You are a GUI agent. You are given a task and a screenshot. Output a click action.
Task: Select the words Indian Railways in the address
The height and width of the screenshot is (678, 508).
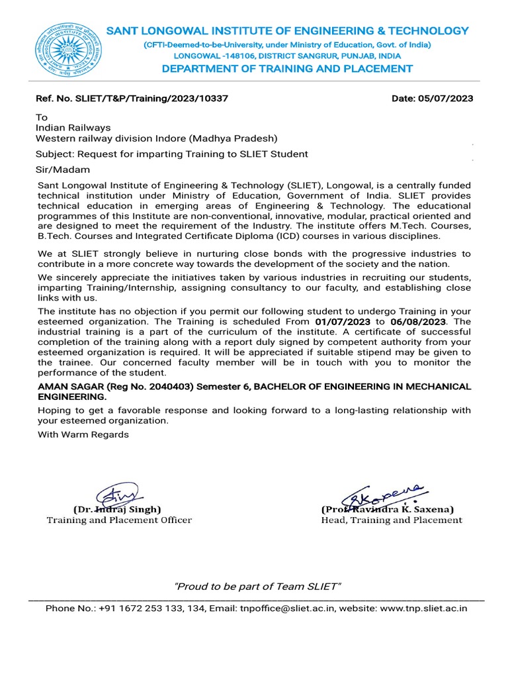pyautogui.click(x=73, y=128)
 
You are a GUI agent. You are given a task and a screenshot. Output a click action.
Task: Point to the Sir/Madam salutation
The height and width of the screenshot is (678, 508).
pyautogui.click(x=62, y=169)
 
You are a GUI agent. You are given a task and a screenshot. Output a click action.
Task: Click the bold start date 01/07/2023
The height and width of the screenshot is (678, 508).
pyautogui.click(x=343, y=321)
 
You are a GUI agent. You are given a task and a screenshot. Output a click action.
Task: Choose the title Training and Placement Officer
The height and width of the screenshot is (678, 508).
pyautogui.click(x=119, y=520)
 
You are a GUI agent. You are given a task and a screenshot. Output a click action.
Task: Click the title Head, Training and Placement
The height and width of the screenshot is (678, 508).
pyautogui.click(x=392, y=520)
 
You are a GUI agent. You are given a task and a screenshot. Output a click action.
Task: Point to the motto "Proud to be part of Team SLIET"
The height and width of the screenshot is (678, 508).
pyautogui.click(x=257, y=587)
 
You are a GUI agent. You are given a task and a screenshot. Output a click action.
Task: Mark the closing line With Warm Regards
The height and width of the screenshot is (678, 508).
pyautogui.click(x=83, y=435)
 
